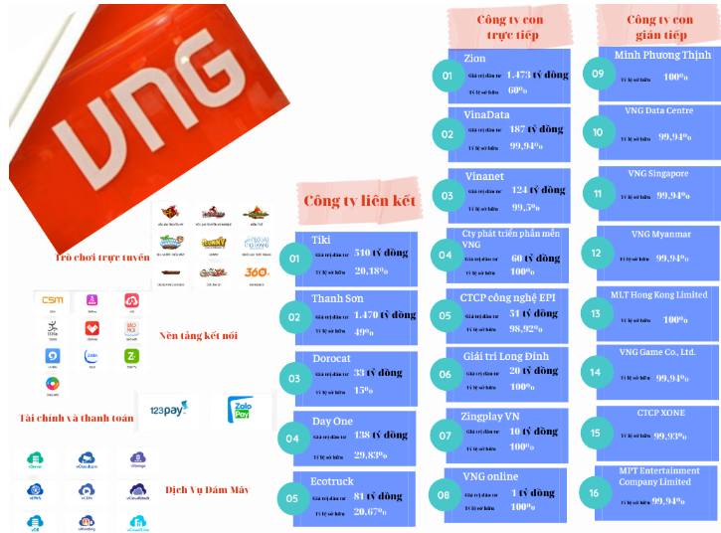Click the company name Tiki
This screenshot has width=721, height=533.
[320, 240]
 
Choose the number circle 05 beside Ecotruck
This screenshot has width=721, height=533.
[293, 498]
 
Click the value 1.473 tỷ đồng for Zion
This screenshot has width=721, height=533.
[537, 75]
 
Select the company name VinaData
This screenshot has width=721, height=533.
[486, 115]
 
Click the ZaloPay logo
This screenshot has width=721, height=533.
[241, 411]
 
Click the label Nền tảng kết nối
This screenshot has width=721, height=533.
[199, 335]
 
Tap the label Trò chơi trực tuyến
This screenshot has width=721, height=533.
[101, 258]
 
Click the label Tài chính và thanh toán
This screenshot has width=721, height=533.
[76, 418]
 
